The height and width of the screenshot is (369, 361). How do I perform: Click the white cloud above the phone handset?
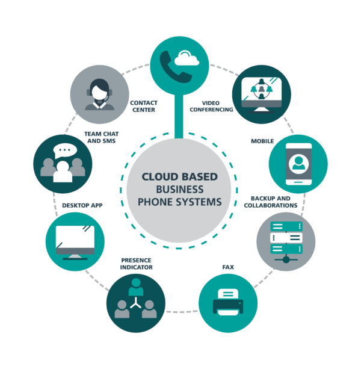187,58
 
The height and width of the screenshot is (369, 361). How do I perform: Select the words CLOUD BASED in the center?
179,177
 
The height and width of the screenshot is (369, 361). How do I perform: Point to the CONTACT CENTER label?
144,107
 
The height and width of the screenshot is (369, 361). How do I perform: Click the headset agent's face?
99,92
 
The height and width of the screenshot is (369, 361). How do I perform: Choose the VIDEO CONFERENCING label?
211,107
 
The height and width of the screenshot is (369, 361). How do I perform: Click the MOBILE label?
262,141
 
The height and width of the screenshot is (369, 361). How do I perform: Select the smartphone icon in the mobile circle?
298,164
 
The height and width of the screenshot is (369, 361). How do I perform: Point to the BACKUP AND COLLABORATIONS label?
271,202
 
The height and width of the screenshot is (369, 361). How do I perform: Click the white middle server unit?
286,237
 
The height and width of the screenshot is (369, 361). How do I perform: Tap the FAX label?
228,267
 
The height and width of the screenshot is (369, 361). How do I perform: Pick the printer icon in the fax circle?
228,302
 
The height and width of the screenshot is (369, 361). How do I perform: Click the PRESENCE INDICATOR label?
137,264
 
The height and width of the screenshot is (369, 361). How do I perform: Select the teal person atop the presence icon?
136,287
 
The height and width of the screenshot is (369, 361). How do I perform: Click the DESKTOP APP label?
82,205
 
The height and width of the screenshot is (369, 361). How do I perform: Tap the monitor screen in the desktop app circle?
75,237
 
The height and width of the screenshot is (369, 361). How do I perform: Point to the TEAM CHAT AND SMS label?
101,137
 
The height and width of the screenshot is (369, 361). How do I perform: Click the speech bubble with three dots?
64,150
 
